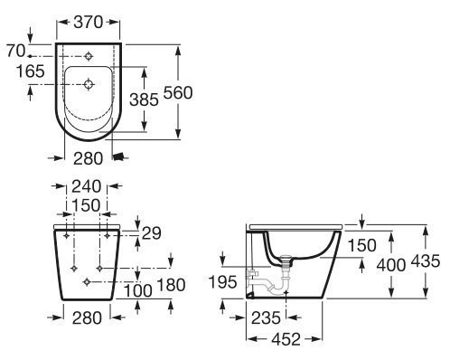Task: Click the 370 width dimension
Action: coord(89,22)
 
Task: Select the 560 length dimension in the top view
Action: coord(178,92)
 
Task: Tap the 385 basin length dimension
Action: coord(144,99)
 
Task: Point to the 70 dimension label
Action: coord(16,51)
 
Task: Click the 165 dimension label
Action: coord(30,71)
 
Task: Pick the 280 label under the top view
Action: coord(88,158)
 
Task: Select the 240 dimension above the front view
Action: coord(86,186)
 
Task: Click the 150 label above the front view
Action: coord(86,205)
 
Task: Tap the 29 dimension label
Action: coord(152,233)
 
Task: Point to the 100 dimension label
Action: coord(138,291)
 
